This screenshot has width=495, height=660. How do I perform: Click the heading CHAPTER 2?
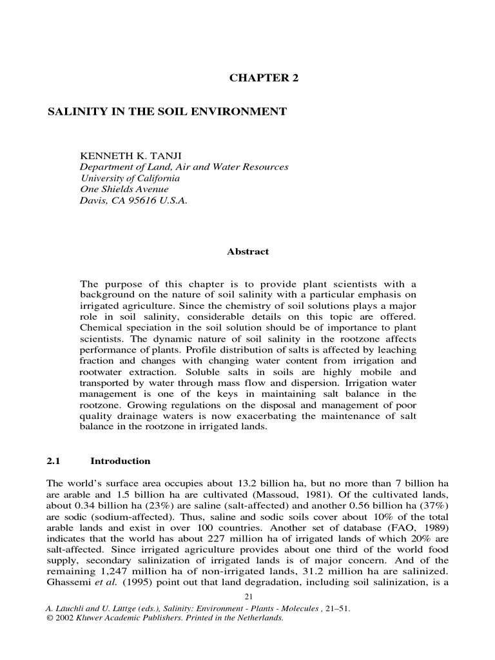[264, 78]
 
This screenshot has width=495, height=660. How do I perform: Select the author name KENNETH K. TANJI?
[130, 157]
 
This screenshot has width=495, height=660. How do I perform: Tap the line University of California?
[130, 178]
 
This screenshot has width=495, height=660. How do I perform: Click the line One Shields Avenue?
[124, 189]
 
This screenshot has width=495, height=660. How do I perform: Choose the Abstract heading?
[247, 252]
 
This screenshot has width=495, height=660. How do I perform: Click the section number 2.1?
[53, 461]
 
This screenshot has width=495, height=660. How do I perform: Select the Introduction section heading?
[121, 461]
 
